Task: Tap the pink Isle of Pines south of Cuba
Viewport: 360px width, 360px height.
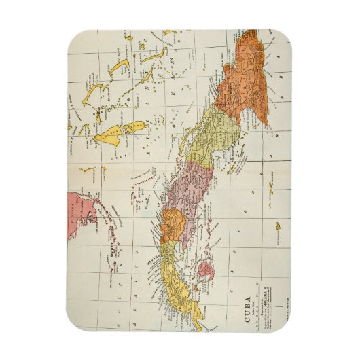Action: coord(204,270)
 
